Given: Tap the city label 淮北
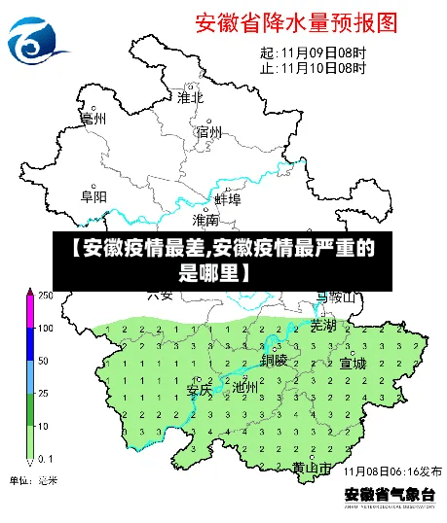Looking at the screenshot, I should click(x=190, y=96).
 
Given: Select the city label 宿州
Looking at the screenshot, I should click(x=208, y=132).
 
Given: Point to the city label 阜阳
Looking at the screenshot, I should click(x=93, y=196).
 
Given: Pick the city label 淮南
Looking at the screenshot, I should click(x=205, y=221).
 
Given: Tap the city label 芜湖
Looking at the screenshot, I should click(x=322, y=326).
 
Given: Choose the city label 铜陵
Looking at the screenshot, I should click(x=274, y=360).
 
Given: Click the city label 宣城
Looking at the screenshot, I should click(x=352, y=364).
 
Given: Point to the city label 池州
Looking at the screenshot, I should click(x=245, y=387).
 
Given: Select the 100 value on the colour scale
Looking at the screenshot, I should click(x=45, y=328).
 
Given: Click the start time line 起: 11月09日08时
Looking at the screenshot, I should click(x=313, y=52).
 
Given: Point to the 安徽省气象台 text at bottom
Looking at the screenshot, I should click(x=390, y=495).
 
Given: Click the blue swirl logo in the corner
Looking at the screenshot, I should click(x=35, y=39).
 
